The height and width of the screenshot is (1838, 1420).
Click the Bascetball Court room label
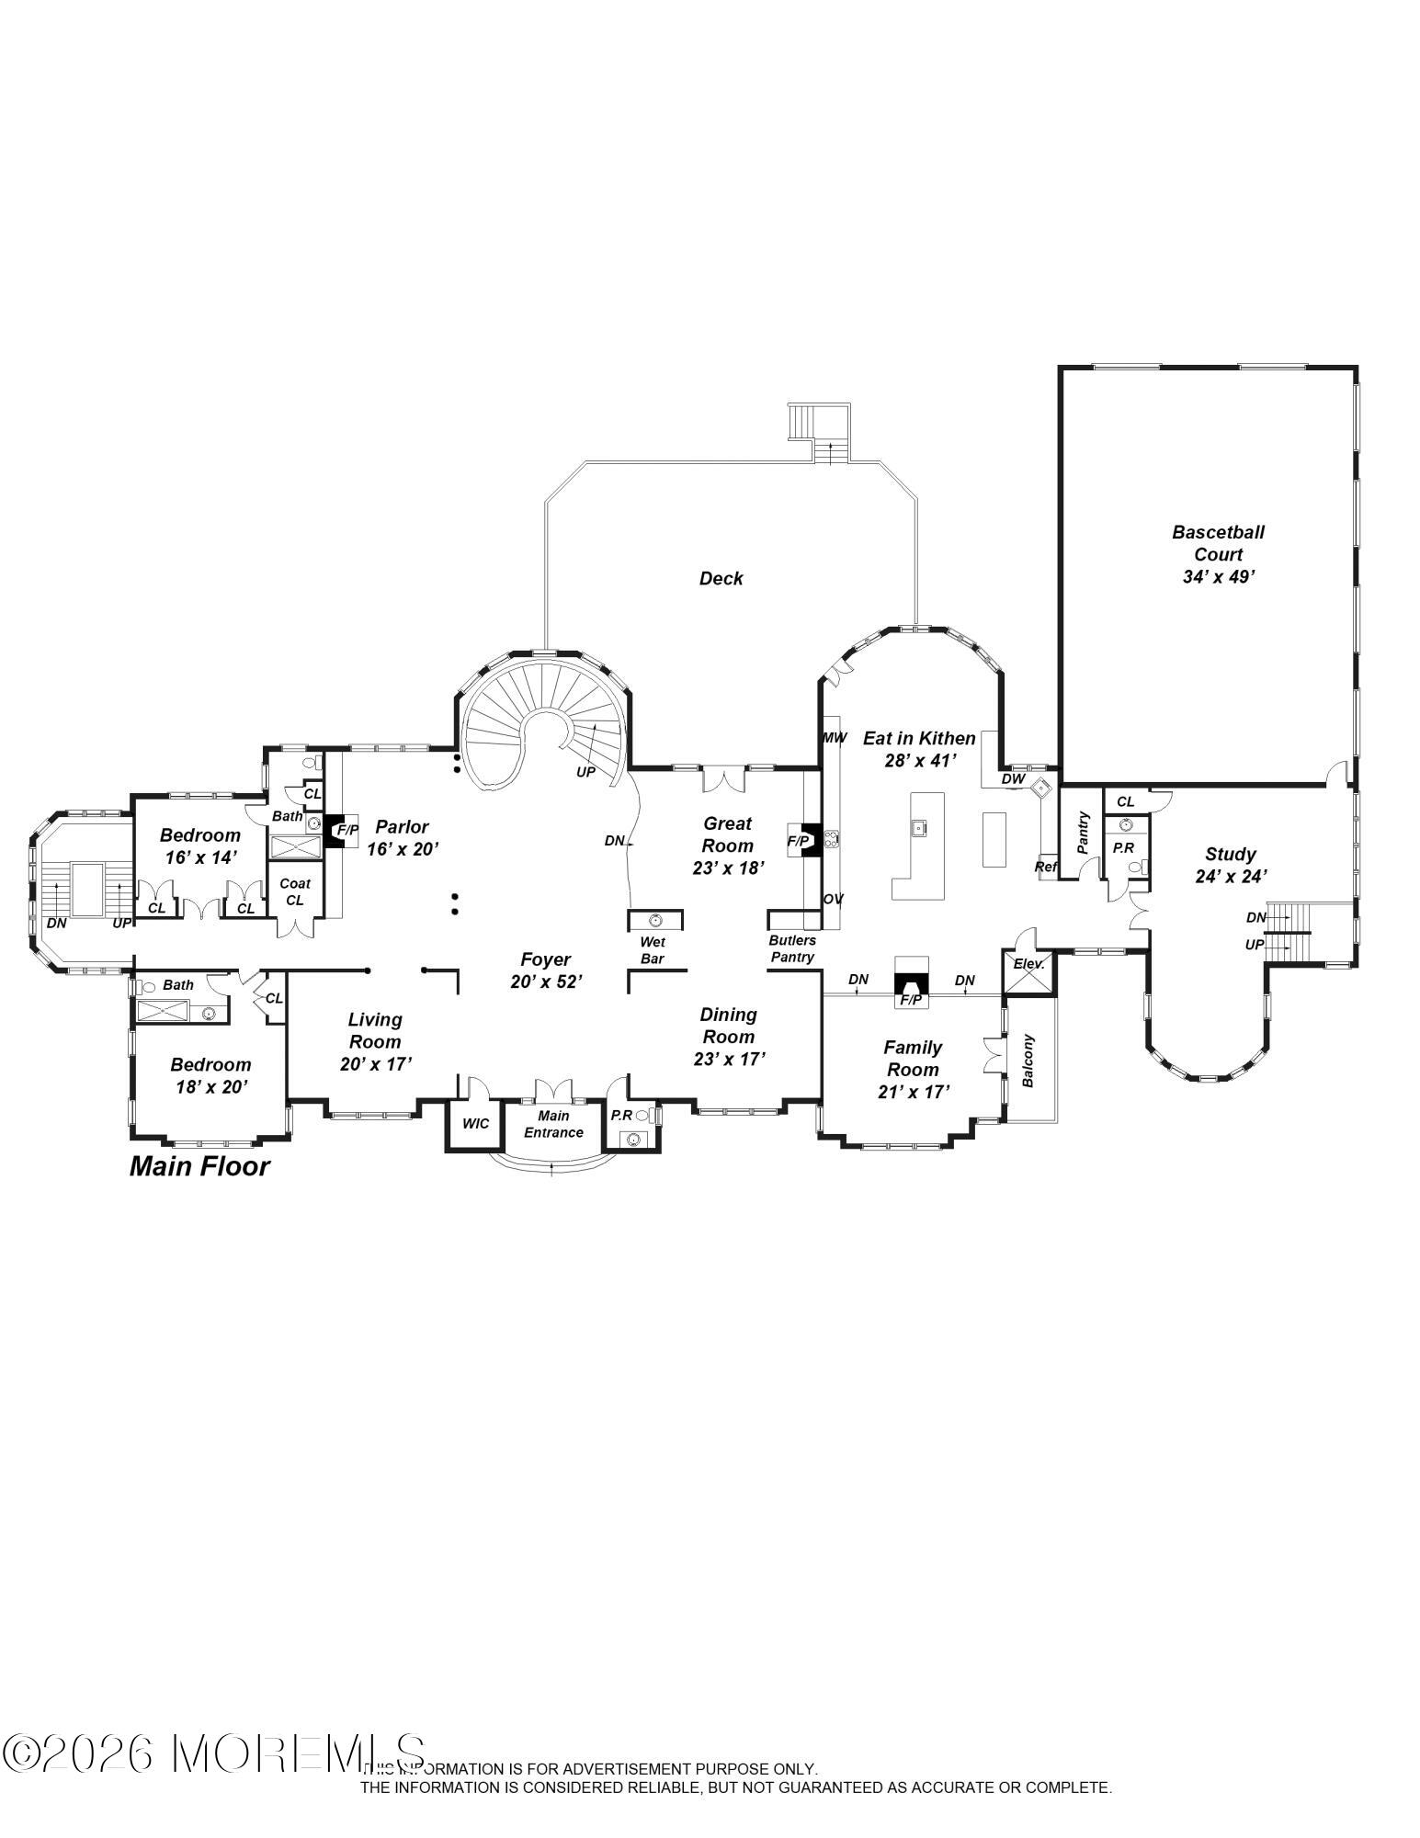pos(1218,543)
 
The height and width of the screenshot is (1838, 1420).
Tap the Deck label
pos(721,578)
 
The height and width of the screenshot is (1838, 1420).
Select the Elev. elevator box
pos(1028,973)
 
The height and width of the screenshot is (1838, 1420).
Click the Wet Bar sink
pos(655,920)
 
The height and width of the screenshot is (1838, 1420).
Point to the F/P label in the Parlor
pos(346,830)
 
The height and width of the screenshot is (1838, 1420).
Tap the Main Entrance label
pos(553,1125)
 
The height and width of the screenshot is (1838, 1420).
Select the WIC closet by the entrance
pos(475,1124)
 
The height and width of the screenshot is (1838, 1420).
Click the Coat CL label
pos(294,891)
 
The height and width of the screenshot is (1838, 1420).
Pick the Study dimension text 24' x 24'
pos(1231,877)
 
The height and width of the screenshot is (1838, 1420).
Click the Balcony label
pos(1028,1061)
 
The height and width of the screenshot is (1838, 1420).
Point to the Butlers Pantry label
pos(792,948)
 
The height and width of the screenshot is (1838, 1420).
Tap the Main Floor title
pos(199,1166)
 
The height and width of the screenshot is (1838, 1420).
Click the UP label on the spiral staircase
pos(585,772)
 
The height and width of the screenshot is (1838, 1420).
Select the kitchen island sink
pos(917,828)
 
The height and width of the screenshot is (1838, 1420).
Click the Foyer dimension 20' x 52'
pos(546,981)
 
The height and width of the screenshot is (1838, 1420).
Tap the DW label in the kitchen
pos(1013,778)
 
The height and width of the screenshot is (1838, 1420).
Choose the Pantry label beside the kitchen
pos(1083,833)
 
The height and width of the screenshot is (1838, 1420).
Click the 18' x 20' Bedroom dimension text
pos(211,1086)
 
